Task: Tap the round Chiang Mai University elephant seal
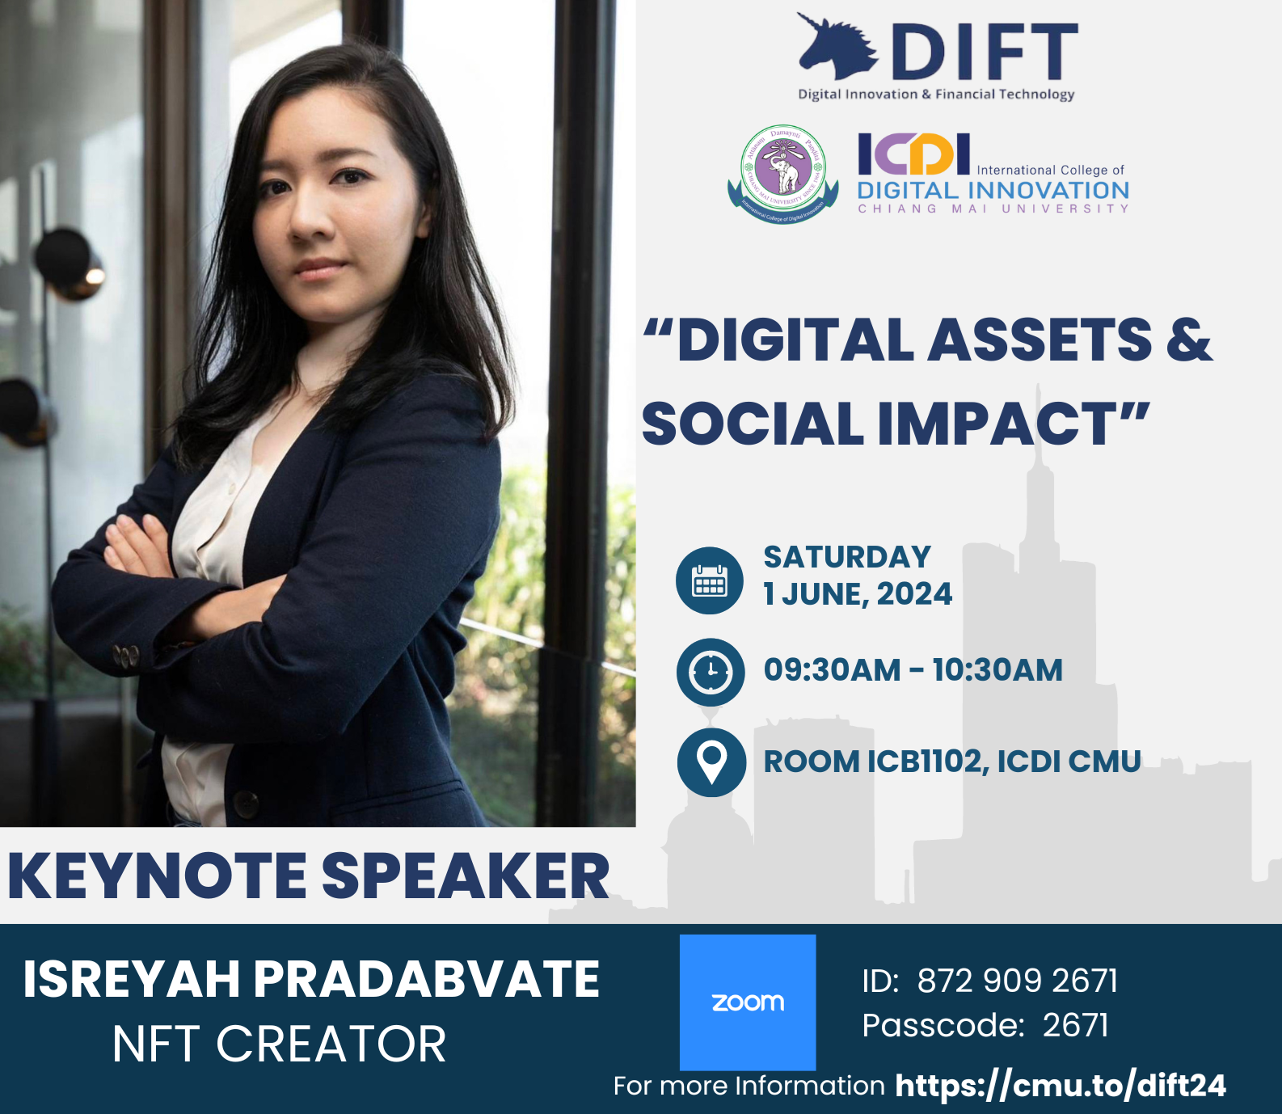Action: pyautogui.click(x=782, y=174)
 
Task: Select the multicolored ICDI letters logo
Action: pyautogui.click(x=913, y=154)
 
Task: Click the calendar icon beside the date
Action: pyautogui.click(x=710, y=580)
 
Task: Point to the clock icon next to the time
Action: pyautogui.click(x=711, y=672)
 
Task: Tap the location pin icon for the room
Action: pyautogui.click(x=711, y=762)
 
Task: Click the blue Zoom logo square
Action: pyautogui.click(x=748, y=1002)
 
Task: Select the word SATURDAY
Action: pyautogui.click(x=847, y=557)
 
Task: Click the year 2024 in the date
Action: pyautogui.click(x=914, y=594)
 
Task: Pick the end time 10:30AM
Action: pyautogui.click(x=997, y=670)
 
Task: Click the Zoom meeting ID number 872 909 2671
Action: pyautogui.click(x=1018, y=981)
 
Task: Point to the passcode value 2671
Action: pyautogui.click(x=1075, y=1025)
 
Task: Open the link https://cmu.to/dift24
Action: pyautogui.click(x=1061, y=1086)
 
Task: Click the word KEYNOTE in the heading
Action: pyautogui.click(x=158, y=876)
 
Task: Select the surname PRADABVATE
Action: pyautogui.click(x=427, y=979)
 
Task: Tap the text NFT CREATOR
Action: pyautogui.click(x=279, y=1044)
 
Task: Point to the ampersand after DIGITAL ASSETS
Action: pyautogui.click(x=1189, y=340)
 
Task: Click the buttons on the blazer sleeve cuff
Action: pyautogui.click(x=126, y=656)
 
